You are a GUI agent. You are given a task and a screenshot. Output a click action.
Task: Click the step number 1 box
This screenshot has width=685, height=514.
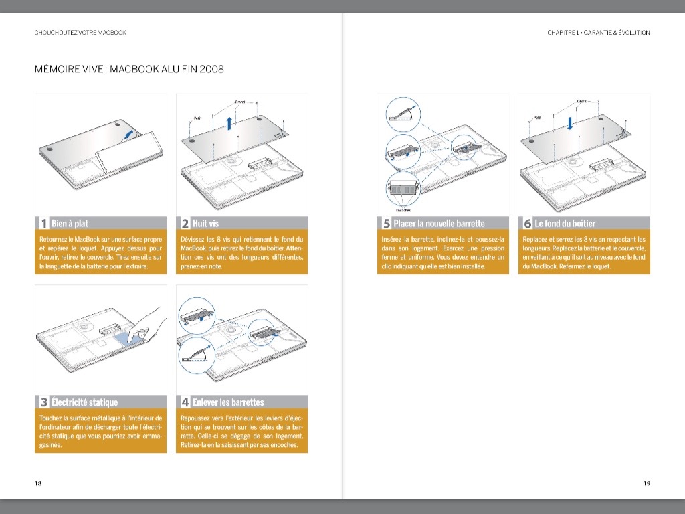coord(43,224)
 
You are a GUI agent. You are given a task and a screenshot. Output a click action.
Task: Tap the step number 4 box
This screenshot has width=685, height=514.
coord(185,402)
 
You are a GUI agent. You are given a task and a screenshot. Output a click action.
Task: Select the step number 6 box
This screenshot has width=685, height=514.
coord(527,224)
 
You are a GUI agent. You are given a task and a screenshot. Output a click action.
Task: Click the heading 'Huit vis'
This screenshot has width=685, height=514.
coord(205,224)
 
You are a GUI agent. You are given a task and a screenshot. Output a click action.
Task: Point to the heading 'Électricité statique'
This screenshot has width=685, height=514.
coord(84,402)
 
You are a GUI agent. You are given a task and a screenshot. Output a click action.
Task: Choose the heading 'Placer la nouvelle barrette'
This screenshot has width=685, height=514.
coord(439,224)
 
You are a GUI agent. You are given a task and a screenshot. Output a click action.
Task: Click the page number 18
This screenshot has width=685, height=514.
coord(38,483)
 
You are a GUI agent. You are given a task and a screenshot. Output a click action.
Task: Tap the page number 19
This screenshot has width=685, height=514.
coord(646,483)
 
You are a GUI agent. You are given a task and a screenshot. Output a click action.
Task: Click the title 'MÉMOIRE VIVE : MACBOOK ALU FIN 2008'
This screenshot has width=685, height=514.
coord(129,69)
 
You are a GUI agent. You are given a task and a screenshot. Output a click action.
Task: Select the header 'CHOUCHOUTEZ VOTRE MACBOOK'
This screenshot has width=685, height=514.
coord(80,33)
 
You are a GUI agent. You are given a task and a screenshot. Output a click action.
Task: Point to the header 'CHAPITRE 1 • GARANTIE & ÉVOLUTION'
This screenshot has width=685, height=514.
coord(598,33)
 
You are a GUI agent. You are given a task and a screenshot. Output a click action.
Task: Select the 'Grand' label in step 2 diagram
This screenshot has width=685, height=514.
coord(240,102)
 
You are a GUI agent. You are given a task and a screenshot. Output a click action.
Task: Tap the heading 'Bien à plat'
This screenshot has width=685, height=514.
coord(70,224)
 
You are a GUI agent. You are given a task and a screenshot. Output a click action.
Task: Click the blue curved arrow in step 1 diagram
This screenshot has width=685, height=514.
coord(127,134)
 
